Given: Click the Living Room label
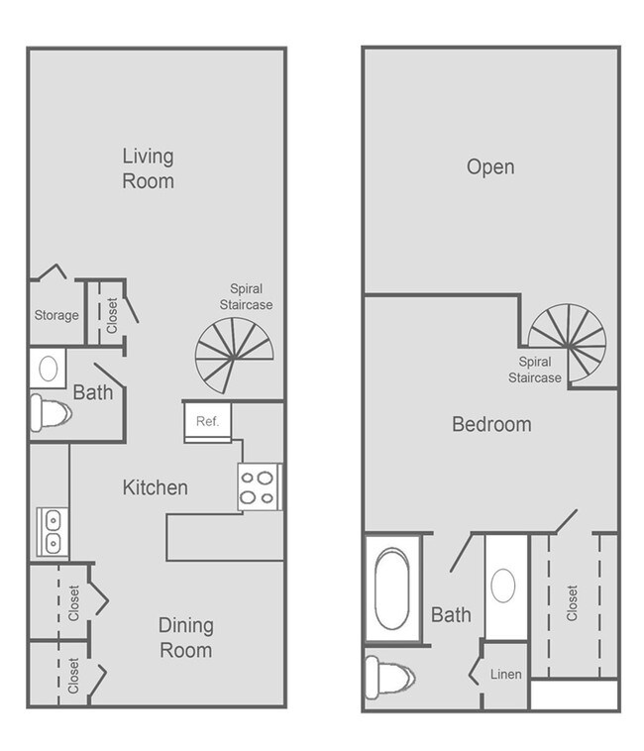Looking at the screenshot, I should tap(148, 168).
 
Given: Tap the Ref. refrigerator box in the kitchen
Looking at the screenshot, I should tap(207, 421).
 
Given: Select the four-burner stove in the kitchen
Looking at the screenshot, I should tap(259, 486).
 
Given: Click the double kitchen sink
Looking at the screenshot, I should tap(50, 532).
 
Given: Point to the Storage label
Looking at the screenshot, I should tap(56, 315).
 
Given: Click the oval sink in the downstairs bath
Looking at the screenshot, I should tap(46, 370).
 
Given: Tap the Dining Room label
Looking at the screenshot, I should tap(186, 638).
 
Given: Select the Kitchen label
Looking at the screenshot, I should tap(155, 487).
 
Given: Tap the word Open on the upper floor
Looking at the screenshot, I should tap(490, 166).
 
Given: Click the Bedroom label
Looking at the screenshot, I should tap(491, 425).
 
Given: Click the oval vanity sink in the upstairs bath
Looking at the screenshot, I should tap(502, 585).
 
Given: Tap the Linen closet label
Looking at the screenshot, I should tap(506, 675).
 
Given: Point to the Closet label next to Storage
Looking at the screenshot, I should tap(111, 316).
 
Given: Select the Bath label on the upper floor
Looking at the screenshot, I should tap(451, 615).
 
